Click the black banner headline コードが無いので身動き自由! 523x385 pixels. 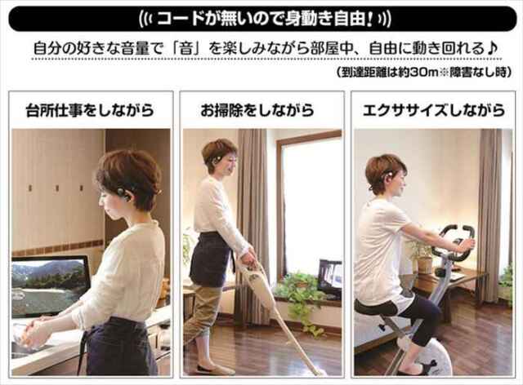coord(265,19)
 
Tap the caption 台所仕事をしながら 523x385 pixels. coord(90,110)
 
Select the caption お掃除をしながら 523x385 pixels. coord(257,110)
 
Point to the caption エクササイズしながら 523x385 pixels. coord(434,110)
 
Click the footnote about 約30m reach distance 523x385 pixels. coord(423,73)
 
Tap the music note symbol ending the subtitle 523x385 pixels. coord(492,49)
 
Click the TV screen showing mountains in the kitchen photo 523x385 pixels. coord(51,286)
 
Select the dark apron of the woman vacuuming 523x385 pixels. coord(211,259)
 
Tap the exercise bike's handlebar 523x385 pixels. coord(454,241)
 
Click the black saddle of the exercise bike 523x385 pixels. coord(376,308)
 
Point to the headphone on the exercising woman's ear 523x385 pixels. coord(389,177)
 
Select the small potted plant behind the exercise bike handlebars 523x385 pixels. coord(423,256)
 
